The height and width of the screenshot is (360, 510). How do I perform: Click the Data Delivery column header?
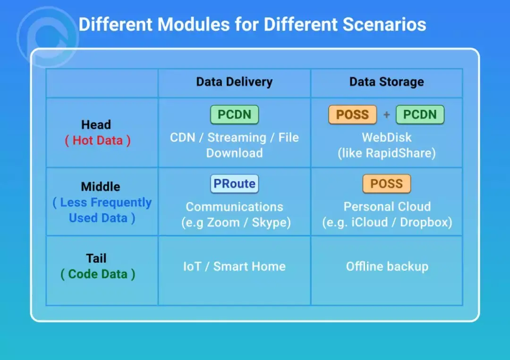click(x=234, y=82)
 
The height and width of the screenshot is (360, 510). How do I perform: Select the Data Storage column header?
click(x=386, y=82)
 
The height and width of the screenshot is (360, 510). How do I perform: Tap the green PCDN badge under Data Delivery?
click(x=234, y=115)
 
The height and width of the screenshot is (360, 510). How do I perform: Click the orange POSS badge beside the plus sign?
click(x=352, y=115)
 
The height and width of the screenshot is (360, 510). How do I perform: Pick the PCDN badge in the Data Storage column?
click(x=420, y=115)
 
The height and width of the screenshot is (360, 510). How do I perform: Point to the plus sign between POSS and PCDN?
click(x=386, y=115)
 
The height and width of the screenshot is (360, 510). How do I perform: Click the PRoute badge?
click(x=234, y=184)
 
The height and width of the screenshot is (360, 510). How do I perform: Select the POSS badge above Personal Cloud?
click(x=386, y=184)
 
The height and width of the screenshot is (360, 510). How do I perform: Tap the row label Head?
click(x=96, y=125)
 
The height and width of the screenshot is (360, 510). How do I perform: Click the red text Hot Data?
click(x=97, y=141)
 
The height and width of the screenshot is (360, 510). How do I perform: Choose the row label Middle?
click(x=101, y=186)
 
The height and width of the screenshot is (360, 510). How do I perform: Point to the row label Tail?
click(x=96, y=258)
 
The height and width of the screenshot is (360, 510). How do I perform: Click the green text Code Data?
click(x=98, y=274)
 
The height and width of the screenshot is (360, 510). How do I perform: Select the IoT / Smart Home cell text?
click(x=234, y=267)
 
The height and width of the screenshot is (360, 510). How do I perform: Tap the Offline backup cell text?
click(x=387, y=267)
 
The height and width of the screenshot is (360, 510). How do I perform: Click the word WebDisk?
click(x=386, y=138)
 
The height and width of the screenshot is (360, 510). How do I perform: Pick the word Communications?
click(x=234, y=207)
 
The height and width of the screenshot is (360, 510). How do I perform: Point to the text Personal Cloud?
click(x=387, y=207)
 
